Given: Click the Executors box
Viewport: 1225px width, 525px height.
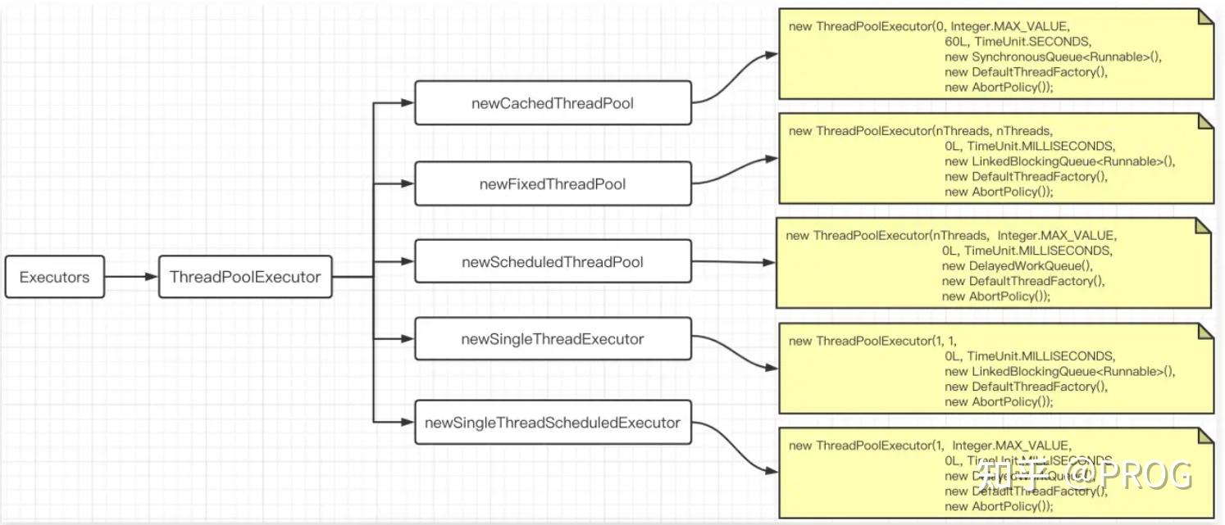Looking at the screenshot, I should pos(54,277).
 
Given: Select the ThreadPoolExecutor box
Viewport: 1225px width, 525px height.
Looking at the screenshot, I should pos(245,277).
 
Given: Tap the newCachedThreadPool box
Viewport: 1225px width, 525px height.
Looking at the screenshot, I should pos(553,103).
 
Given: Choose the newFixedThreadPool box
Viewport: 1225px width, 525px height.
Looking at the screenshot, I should pos(553,184).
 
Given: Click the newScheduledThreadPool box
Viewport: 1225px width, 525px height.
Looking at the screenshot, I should pos(553,262).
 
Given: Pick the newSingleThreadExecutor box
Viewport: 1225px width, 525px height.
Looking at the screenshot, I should pos(553,339).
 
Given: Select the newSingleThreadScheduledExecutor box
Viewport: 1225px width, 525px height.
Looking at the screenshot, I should pos(553,423).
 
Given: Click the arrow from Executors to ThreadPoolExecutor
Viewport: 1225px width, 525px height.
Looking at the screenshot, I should pos(131,277).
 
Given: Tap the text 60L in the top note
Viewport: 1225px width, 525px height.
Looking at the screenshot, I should pos(958,42).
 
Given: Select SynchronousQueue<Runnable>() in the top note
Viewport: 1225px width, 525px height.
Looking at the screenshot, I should pos(1054,57).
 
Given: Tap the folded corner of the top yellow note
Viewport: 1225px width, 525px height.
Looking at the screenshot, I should pos(1205,16).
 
